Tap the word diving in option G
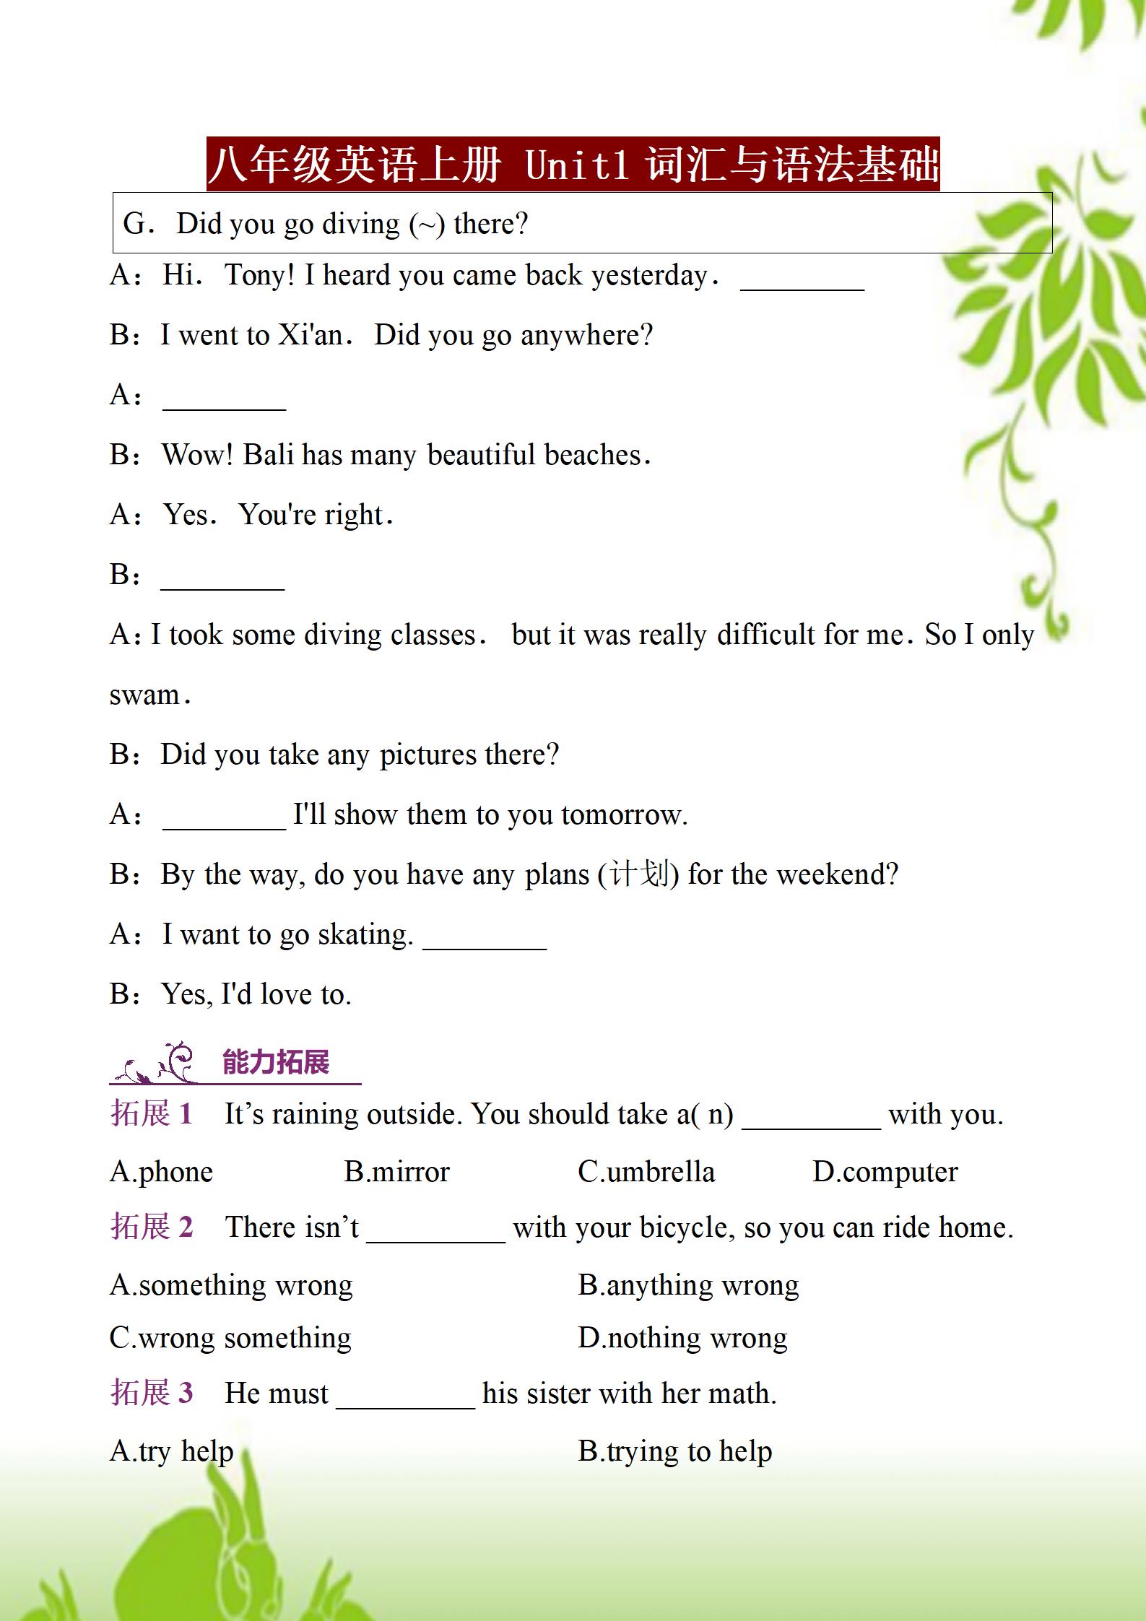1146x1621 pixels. tap(360, 224)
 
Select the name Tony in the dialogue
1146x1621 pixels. tap(256, 275)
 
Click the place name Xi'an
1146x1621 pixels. tap(311, 335)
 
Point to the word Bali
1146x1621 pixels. tap(267, 455)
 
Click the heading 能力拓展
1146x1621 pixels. tap(276, 1062)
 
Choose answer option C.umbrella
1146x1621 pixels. tap(646, 1171)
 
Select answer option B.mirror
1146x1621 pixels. tap(396, 1171)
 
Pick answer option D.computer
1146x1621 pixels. tap(885, 1171)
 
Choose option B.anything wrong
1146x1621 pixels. tap(688, 1285)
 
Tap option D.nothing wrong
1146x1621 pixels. tap(682, 1337)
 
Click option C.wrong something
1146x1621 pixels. tap(230, 1337)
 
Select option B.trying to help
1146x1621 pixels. tap(675, 1451)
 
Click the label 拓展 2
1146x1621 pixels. tap(152, 1227)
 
